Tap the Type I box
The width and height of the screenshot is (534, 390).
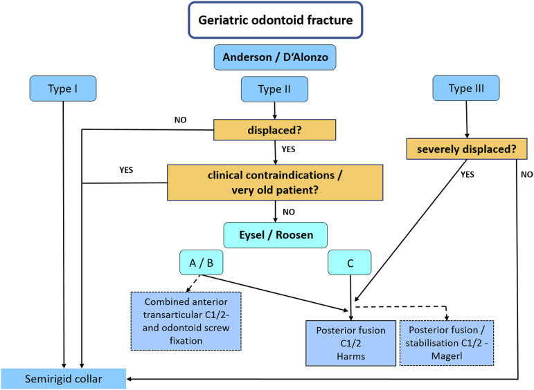[x=64, y=89]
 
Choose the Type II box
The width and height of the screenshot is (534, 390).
[x=275, y=89]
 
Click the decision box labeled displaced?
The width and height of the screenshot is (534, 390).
[x=275, y=129]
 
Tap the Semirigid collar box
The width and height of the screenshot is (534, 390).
[x=64, y=378]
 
